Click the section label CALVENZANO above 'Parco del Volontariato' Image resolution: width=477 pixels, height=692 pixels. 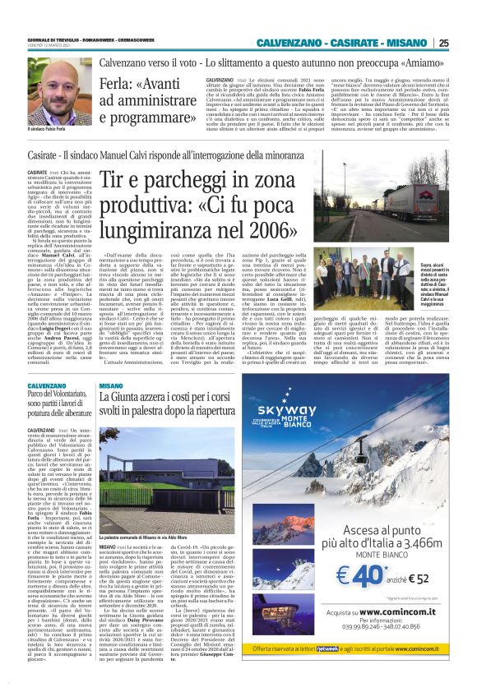tap(47, 385)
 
